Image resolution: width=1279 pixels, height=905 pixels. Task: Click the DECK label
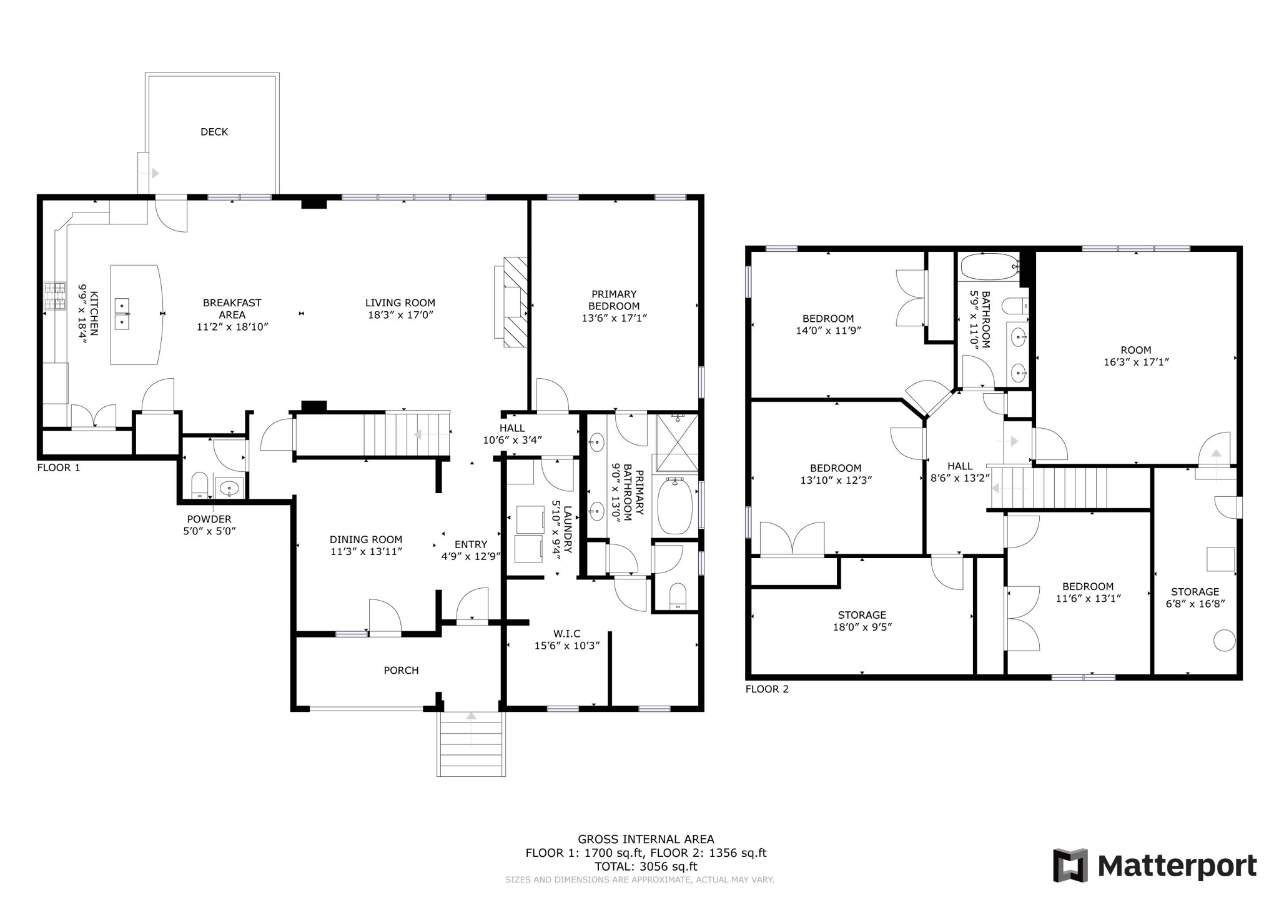click(214, 132)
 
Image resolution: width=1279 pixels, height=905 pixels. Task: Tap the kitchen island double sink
click(122, 314)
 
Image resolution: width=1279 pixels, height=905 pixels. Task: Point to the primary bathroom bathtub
click(674, 506)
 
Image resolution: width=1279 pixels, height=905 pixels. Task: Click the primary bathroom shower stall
click(677, 442)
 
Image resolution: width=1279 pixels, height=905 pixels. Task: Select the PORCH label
click(401, 670)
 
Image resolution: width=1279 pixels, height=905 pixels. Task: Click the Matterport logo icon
click(1070, 865)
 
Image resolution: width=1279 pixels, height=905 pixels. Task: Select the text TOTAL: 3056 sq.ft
click(646, 866)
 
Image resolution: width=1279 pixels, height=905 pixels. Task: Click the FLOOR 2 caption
click(767, 689)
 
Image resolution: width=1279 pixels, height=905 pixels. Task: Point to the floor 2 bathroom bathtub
click(989, 267)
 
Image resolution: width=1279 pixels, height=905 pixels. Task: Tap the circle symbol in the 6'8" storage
click(1224, 641)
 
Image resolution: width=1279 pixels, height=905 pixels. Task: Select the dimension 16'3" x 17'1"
click(1135, 362)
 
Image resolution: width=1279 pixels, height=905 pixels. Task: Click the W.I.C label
click(566, 634)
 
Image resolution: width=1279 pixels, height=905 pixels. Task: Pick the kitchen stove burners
click(54, 296)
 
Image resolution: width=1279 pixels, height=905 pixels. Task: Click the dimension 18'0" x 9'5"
click(862, 627)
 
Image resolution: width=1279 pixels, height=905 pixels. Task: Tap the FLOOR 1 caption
click(59, 467)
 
